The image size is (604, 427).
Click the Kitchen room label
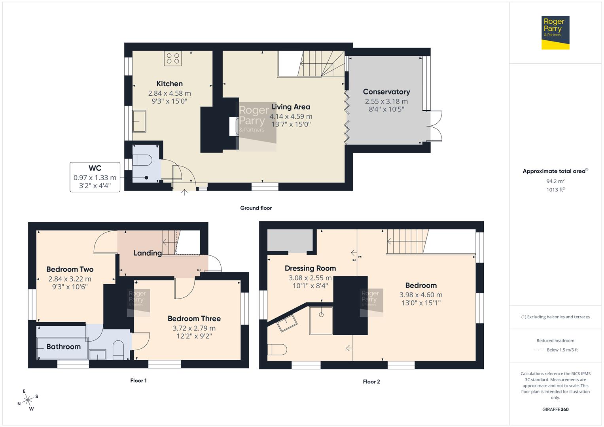(169, 83)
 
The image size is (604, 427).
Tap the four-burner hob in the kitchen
(173, 59)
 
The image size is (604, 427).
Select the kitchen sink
(139, 121)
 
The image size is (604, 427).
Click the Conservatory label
(386, 92)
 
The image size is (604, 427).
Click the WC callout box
(95, 177)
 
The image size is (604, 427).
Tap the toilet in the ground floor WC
(142, 160)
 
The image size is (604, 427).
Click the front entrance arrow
(184, 193)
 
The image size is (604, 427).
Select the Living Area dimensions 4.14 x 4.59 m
(291, 117)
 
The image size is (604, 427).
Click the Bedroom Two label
(70, 269)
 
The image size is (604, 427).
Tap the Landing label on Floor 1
(147, 253)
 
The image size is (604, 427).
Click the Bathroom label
(63, 347)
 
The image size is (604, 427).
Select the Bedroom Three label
(194, 319)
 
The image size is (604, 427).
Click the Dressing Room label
(310, 268)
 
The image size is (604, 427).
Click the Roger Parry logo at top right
(555, 32)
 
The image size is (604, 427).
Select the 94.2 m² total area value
(555, 181)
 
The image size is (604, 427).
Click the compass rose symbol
(28, 400)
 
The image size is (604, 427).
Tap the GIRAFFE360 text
(555, 409)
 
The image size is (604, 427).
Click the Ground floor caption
(256, 208)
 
